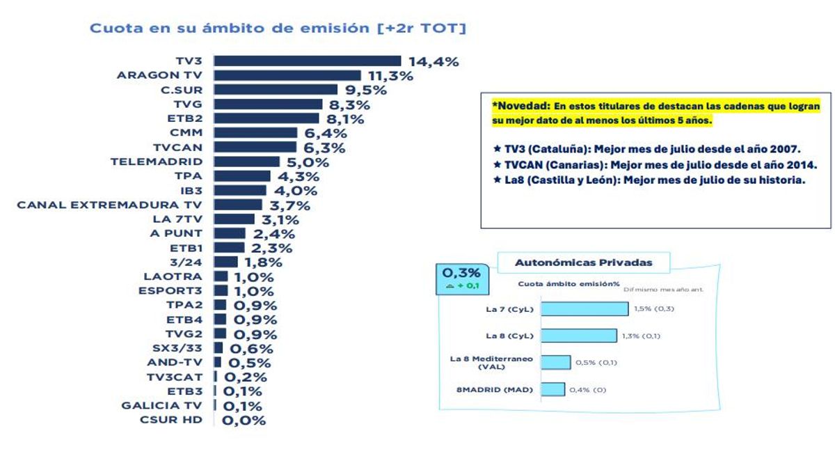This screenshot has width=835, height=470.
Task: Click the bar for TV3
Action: (x=307, y=61)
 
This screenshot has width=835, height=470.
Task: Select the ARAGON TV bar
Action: (x=287, y=75)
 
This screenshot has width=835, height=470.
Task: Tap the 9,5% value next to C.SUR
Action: (x=362, y=90)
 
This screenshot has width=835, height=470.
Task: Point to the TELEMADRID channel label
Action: (x=157, y=162)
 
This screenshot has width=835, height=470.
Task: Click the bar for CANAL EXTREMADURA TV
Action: (x=237, y=205)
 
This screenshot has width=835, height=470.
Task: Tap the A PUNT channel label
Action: (x=176, y=233)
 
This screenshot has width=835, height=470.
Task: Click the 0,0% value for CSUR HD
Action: (x=244, y=420)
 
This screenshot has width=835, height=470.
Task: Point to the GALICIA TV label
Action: (x=161, y=405)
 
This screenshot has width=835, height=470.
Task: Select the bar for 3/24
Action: (x=225, y=262)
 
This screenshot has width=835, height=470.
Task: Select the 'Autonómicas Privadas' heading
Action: (x=583, y=263)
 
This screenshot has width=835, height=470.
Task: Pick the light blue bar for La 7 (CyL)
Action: (x=584, y=308)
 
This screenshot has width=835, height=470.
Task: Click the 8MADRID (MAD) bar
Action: (x=552, y=389)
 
